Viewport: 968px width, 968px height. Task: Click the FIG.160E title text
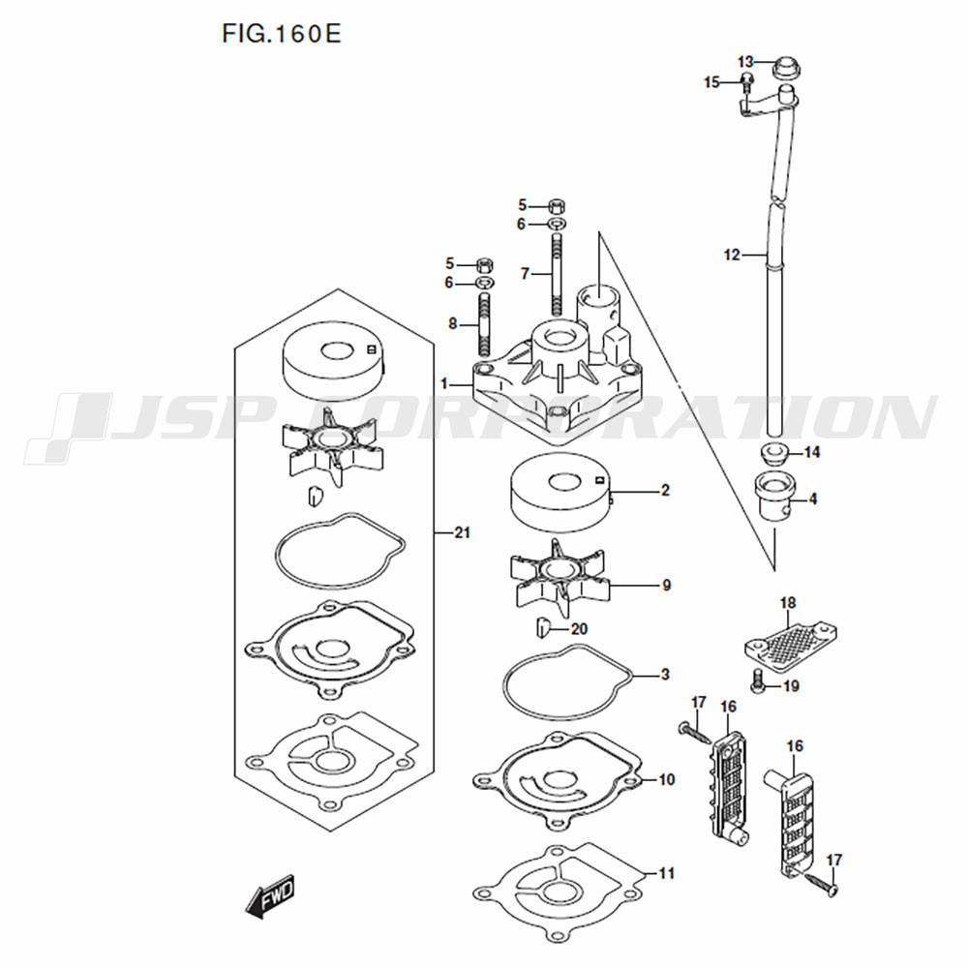tap(282, 34)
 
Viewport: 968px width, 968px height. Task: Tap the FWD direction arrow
tap(270, 894)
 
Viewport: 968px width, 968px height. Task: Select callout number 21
tap(463, 532)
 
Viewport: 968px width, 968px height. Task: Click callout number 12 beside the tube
tap(732, 255)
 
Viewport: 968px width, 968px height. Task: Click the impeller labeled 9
tap(560, 577)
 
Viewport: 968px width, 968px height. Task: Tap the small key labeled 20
tap(541, 629)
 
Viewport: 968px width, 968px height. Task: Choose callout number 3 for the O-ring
tap(665, 674)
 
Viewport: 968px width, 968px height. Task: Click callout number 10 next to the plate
tap(667, 779)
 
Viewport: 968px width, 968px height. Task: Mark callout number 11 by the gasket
tap(667, 873)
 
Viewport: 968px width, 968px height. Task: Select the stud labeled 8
tap(485, 324)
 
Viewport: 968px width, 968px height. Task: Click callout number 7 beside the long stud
tap(525, 273)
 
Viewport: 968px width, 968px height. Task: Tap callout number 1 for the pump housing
tap(444, 384)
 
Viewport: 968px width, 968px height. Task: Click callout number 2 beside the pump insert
tap(665, 490)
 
